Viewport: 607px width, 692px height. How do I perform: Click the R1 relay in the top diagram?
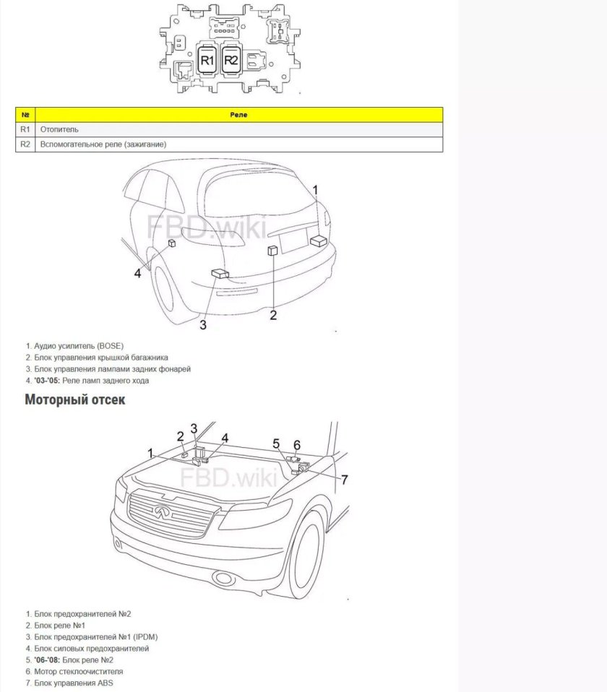207,60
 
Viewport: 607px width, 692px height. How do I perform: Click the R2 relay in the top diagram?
231,60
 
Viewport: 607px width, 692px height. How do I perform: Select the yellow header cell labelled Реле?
238,115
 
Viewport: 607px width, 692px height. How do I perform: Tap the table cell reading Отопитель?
60,129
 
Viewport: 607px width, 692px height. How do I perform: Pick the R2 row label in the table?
25,144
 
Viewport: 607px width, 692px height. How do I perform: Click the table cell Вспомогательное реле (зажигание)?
103,144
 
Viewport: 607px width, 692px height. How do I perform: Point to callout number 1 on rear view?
315,189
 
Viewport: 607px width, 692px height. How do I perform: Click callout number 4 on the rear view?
137,273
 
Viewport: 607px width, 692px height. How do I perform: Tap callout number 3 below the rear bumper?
203,325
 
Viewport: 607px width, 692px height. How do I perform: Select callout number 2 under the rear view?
273,314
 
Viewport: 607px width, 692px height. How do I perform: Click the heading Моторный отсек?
75,399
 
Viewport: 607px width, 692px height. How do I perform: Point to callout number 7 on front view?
345,480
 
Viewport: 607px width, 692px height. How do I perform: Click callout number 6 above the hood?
296,444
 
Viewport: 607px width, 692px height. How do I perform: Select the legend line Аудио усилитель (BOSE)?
83,346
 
